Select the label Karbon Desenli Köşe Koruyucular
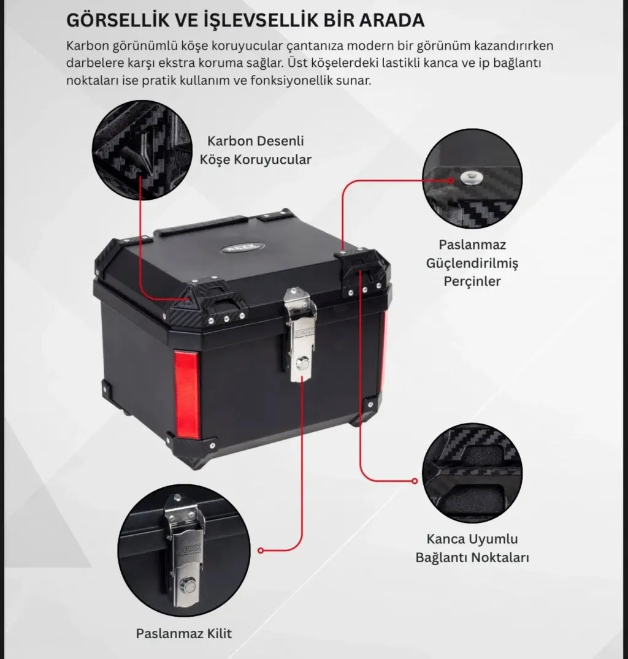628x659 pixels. pyautogui.click(x=256, y=150)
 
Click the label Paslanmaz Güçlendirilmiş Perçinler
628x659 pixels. pyautogui.click(x=472, y=262)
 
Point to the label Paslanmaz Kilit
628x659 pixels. pyautogui.click(x=184, y=633)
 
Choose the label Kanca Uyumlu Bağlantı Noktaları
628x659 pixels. pyautogui.click(x=472, y=548)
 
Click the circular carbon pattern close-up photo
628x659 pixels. pyautogui.click(x=142, y=150)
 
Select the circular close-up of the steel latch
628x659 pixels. pyautogui.click(x=184, y=550)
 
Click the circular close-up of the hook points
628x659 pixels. pyautogui.click(x=472, y=473)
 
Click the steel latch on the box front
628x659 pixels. pyautogui.click(x=299, y=335)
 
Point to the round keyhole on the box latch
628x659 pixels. pyautogui.click(x=301, y=362)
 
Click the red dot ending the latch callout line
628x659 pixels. pyautogui.click(x=261, y=550)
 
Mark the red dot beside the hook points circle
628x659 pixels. pyautogui.click(x=415, y=481)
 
